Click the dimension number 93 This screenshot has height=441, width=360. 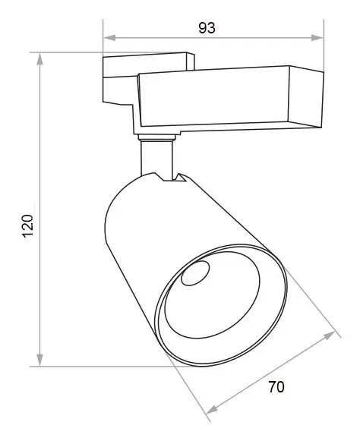pos(207,28)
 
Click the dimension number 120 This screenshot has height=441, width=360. pos(28,226)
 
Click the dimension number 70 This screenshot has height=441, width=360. pos(276,387)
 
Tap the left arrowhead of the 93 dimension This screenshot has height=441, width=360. pos(109,38)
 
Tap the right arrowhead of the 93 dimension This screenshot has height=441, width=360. pos(317,38)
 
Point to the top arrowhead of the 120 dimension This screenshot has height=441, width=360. pos(40,58)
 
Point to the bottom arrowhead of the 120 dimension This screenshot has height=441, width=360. pos(40,360)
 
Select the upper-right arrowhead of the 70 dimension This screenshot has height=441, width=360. pos(329,335)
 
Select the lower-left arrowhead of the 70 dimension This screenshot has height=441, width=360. pos(213,409)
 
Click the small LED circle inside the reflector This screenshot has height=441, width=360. pos(195,273)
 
